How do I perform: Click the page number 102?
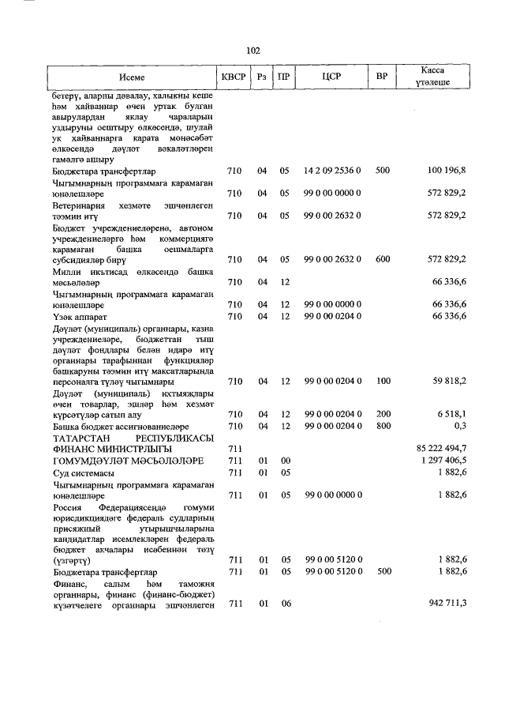point(252,51)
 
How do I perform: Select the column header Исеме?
point(132,77)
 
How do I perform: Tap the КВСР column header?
point(234,77)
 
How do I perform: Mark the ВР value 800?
point(383,425)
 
